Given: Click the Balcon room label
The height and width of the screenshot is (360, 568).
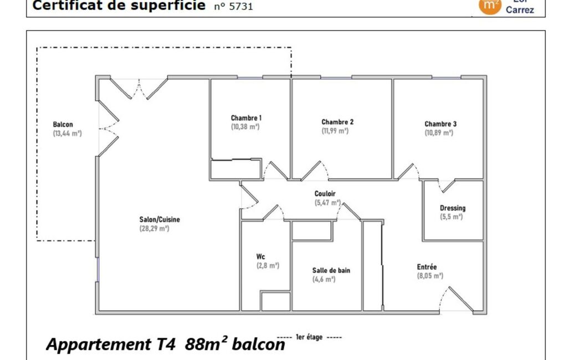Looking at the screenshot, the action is point(63,125).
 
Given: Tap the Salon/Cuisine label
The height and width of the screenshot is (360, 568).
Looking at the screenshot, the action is point(160,219).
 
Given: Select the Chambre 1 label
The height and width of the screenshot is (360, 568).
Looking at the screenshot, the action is point(246,118).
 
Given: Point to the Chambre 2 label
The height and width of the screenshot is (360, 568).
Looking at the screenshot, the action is point(337,122).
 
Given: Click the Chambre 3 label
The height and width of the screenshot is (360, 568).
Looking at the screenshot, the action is point(441,124).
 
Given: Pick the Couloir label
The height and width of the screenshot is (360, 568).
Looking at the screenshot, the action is point(325,194).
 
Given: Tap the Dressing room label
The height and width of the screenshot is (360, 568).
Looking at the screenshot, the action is point(452,208).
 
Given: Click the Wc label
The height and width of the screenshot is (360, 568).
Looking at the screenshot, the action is point(260,257).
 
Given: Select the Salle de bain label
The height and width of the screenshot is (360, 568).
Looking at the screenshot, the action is point(331,270).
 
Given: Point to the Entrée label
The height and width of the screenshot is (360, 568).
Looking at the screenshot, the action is point(427,267).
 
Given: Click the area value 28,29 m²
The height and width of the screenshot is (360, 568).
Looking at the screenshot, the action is point(154,229).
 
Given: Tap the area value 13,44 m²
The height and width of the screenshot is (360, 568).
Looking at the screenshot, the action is point(68,133).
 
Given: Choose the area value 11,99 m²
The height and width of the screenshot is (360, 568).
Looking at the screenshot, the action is point(335,131).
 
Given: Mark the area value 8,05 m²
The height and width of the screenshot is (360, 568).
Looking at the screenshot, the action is point(430,276).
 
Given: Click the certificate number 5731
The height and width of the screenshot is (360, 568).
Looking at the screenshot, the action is point(241,7).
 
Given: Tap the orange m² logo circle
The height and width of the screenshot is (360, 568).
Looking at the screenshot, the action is point(490,5).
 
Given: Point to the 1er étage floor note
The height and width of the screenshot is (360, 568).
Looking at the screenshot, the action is point(309,337).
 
